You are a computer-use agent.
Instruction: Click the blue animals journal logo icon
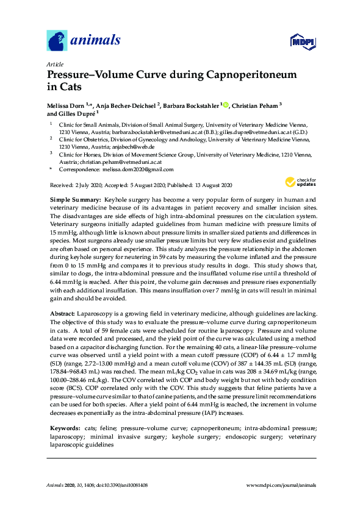(x=57, y=41)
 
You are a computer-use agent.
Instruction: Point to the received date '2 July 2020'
(x=87, y=184)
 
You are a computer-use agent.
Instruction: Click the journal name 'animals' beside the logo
(x=96, y=41)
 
